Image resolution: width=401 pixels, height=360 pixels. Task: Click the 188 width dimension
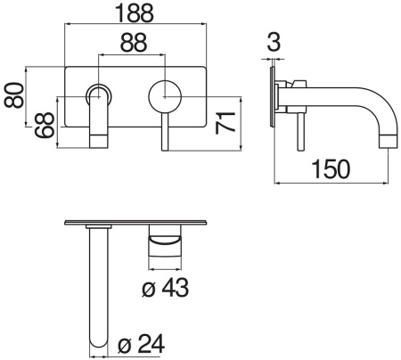pos(136,13)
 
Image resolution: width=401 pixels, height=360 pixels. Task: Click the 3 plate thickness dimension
pos(273,43)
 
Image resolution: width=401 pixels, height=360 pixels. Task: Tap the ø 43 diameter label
pos(168,287)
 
